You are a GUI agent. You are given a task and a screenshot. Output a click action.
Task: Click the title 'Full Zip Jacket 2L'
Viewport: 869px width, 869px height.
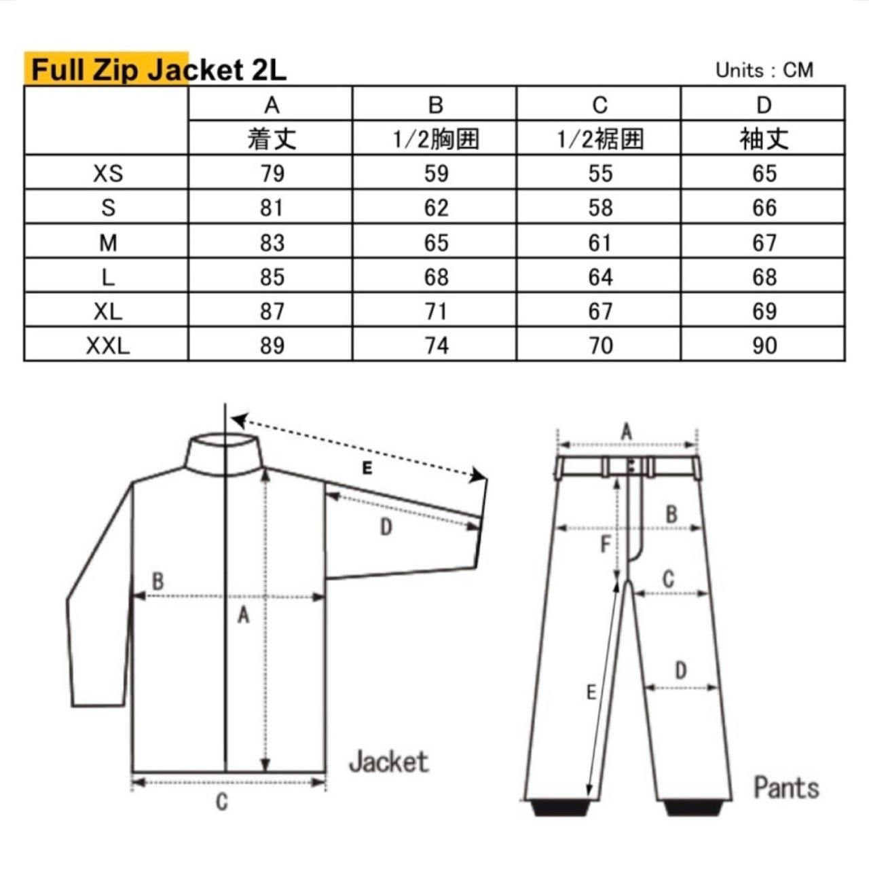(x=159, y=71)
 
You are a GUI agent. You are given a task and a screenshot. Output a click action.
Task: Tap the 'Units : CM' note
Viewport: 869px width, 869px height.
(x=764, y=70)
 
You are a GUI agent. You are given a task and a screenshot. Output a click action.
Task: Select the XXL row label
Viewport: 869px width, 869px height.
(x=108, y=346)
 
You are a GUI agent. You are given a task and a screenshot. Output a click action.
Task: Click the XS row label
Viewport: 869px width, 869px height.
(x=108, y=173)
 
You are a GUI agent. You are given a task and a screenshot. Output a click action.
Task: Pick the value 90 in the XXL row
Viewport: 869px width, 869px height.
(x=764, y=346)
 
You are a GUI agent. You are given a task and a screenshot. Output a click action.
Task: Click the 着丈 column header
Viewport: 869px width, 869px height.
(x=272, y=138)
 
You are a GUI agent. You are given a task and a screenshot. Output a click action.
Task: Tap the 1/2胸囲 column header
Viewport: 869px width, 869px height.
(x=436, y=138)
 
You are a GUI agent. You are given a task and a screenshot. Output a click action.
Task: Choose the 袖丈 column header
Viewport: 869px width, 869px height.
(x=764, y=138)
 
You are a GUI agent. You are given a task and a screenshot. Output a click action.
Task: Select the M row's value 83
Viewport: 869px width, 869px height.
(x=272, y=242)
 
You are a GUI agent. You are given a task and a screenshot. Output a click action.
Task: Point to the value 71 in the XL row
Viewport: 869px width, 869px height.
(x=436, y=311)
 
